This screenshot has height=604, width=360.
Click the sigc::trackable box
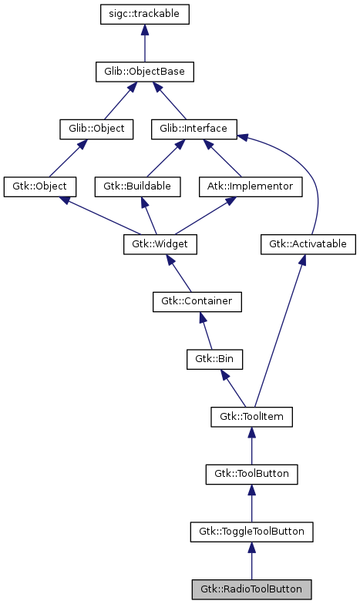(145, 14)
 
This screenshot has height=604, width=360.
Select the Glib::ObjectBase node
(144, 72)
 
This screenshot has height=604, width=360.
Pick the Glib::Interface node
(193, 128)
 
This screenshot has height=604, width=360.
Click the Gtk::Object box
(39, 186)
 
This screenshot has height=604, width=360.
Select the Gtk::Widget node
(160, 244)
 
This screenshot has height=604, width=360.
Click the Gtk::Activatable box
(308, 244)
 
